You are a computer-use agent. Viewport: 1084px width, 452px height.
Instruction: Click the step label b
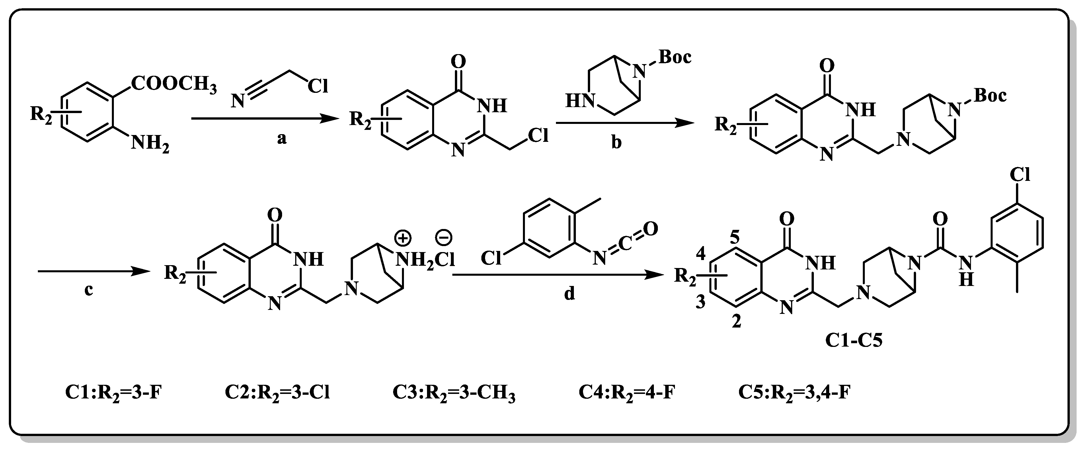(x=616, y=142)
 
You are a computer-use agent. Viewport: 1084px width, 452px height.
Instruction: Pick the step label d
(x=569, y=294)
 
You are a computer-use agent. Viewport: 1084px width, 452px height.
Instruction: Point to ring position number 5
(x=734, y=238)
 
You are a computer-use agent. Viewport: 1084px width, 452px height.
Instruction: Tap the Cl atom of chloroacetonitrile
(x=318, y=86)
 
